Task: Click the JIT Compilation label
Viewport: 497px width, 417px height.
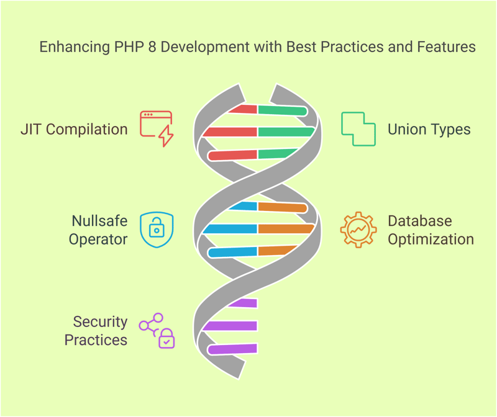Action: click(x=74, y=130)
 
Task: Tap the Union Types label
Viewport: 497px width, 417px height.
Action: click(x=429, y=130)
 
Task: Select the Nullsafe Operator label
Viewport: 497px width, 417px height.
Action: click(x=99, y=230)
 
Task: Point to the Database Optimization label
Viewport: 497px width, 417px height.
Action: click(x=431, y=230)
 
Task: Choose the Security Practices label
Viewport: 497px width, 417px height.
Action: click(x=96, y=331)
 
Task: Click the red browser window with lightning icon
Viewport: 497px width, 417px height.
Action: click(x=157, y=128)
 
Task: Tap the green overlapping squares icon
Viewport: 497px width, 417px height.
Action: click(x=358, y=129)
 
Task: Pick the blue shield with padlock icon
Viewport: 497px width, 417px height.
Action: click(x=157, y=230)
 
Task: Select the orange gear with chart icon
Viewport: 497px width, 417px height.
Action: click(x=358, y=230)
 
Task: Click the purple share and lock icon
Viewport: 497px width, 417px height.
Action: click(x=157, y=331)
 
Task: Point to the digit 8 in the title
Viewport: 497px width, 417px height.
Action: click(x=152, y=47)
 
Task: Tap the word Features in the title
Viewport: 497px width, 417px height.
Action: click(x=446, y=47)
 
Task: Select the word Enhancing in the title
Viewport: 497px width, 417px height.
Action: click(x=75, y=47)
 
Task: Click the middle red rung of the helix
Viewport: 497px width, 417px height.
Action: click(x=230, y=132)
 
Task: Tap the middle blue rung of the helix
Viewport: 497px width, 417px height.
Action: click(x=230, y=228)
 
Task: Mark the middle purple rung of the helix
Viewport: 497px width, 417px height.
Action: click(x=230, y=326)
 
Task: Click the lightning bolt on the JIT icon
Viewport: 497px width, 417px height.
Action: click(x=166, y=135)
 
